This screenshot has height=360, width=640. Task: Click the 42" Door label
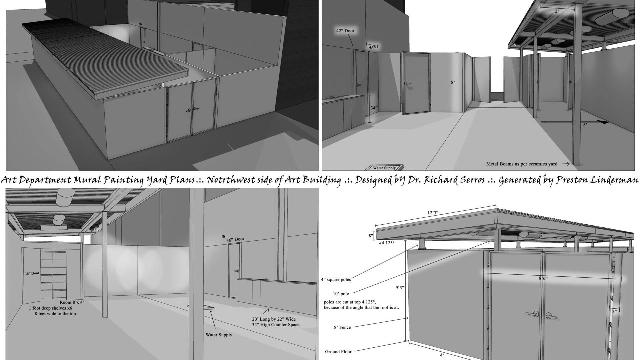(x=345, y=31)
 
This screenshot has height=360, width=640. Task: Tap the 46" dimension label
(x=372, y=48)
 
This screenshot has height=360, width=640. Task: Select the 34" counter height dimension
(x=374, y=108)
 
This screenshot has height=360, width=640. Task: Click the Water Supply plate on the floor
(x=384, y=168)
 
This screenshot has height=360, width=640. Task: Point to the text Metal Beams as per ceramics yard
(x=522, y=164)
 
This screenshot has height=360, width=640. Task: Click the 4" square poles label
(x=336, y=280)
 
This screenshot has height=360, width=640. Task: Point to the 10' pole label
(x=341, y=294)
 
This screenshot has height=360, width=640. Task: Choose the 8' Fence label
(x=342, y=327)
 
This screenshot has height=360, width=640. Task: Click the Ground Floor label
(x=338, y=351)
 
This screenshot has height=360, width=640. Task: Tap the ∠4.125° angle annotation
(x=386, y=243)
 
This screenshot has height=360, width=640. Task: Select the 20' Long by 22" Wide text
(x=274, y=319)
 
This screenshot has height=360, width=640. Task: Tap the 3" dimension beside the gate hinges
(x=614, y=311)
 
